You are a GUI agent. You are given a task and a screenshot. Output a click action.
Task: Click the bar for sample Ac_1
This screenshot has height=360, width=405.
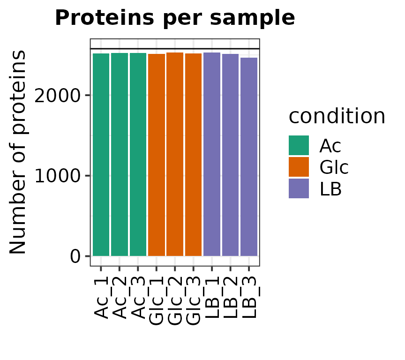click(x=101, y=155)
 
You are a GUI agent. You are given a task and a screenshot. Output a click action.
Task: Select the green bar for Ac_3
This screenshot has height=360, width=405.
click(x=138, y=154)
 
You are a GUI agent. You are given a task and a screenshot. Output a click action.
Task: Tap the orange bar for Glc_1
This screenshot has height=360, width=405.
click(x=157, y=155)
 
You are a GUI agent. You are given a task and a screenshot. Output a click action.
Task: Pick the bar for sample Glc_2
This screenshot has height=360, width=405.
click(x=175, y=154)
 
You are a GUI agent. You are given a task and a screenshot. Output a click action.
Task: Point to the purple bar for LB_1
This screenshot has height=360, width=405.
click(x=212, y=154)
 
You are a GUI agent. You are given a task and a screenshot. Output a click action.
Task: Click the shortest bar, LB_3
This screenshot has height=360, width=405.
click(x=249, y=157)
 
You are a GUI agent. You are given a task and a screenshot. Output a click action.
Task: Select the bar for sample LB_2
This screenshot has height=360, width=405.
click(x=231, y=155)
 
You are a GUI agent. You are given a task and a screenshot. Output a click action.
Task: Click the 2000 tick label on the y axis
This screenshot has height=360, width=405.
click(x=57, y=96)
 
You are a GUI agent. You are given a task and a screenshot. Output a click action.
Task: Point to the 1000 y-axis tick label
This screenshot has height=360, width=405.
click(x=57, y=176)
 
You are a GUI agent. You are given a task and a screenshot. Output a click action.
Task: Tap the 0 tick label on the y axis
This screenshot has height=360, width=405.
click(x=75, y=257)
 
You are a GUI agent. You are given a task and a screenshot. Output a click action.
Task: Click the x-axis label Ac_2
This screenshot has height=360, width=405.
click(x=120, y=298)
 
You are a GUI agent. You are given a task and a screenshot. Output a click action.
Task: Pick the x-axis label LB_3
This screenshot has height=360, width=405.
click(x=249, y=298)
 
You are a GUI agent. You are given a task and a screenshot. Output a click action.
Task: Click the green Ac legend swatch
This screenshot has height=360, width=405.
click(x=299, y=145)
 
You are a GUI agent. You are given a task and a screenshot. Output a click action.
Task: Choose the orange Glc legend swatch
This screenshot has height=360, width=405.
click(x=299, y=167)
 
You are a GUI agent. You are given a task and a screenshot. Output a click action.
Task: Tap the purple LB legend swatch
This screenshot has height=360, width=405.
click(x=299, y=188)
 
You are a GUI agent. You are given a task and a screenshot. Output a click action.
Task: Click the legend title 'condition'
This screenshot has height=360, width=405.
click(x=337, y=116)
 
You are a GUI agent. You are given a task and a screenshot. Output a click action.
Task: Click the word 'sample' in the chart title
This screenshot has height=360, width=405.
click(x=252, y=18)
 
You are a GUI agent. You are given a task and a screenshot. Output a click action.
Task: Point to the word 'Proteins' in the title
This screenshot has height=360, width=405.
click(x=105, y=17)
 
